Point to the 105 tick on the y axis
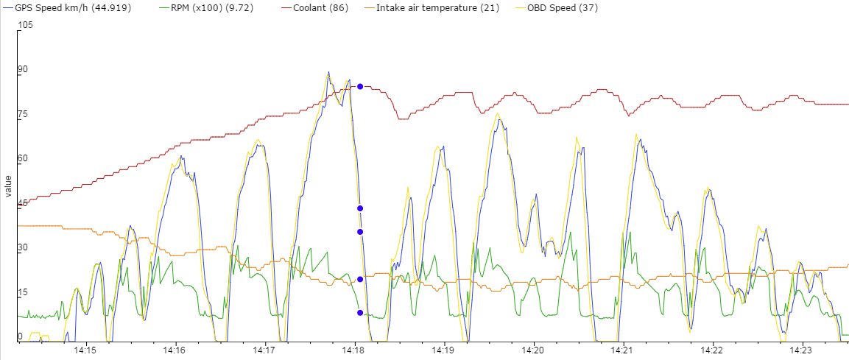pos(26,25)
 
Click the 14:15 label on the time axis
pos(85,350)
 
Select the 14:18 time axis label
pos(355,350)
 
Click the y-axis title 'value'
pos(8,186)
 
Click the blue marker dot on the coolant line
pos(360,86)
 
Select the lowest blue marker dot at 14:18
pos(360,313)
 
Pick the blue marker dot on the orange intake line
pos(360,279)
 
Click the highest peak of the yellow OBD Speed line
pos(328,73)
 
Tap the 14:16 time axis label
pos(175,350)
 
